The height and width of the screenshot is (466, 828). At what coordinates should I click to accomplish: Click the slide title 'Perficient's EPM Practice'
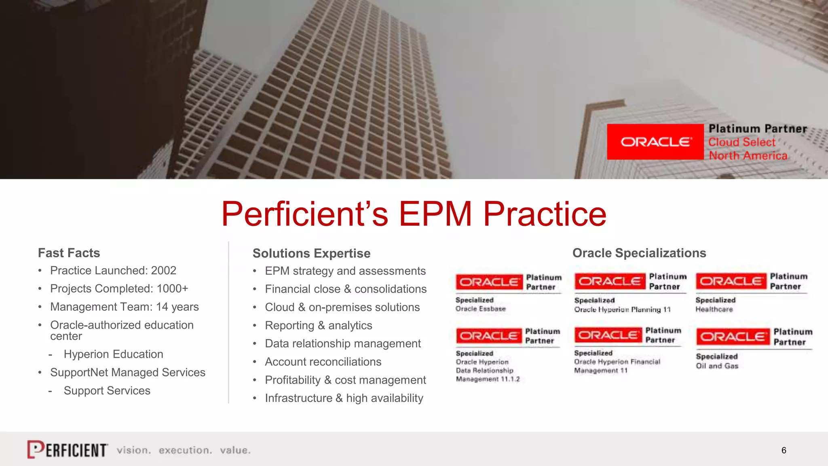tap(414, 214)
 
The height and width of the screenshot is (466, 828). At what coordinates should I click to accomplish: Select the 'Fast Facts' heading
tap(69, 253)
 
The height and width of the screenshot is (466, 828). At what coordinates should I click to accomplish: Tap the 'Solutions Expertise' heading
tap(311, 253)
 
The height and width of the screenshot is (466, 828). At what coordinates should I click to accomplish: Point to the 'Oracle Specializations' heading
tap(639, 253)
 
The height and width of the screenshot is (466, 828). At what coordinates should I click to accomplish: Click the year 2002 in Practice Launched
tap(163, 270)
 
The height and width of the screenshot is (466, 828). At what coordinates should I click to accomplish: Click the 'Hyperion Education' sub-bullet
tap(113, 354)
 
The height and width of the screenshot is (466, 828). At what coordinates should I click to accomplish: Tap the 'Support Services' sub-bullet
tap(107, 390)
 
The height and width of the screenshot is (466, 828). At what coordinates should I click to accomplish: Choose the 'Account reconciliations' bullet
tap(323, 362)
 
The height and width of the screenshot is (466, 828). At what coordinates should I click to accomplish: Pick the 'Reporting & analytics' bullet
tap(318, 325)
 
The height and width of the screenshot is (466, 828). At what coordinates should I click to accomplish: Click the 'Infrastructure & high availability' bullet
tap(344, 398)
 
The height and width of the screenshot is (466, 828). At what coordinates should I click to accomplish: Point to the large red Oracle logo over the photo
tap(655, 142)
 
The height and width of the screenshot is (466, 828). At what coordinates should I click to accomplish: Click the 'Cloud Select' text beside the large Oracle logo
tap(741, 142)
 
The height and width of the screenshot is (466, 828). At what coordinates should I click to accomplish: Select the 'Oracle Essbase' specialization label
tap(480, 309)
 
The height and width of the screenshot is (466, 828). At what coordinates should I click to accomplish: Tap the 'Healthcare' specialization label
tap(714, 309)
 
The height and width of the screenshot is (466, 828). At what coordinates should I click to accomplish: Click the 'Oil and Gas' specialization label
tap(717, 366)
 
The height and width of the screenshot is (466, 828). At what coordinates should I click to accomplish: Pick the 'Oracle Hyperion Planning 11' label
tap(622, 309)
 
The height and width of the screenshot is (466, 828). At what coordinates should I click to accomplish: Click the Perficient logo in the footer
tap(68, 449)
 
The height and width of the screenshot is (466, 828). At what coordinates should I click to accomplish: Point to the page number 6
tap(784, 450)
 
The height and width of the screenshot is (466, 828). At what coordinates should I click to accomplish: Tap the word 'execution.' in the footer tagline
tap(185, 450)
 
